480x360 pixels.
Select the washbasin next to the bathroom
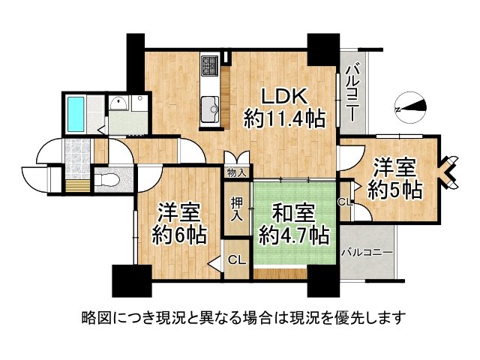(x=118, y=104)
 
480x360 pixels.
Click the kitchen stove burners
(x=208, y=66)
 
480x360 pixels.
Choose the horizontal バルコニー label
(x=367, y=253)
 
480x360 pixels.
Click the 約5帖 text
(x=394, y=189)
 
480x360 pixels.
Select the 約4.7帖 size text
(x=293, y=236)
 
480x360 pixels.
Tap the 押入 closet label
(x=236, y=209)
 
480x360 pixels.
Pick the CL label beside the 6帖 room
(x=236, y=261)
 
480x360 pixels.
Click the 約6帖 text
(x=181, y=235)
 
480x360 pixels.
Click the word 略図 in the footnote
(x=96, y=316)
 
